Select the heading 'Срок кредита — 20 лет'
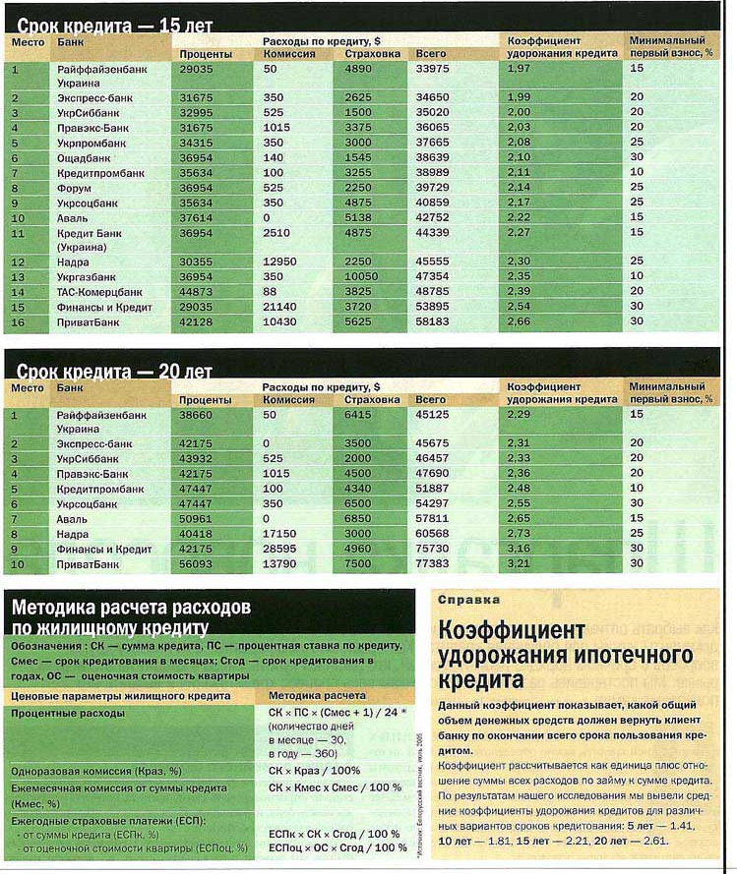[x=113, y=371]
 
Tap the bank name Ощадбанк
[x=86, y=157]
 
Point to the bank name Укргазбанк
[x=90, y=277]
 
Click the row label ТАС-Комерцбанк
[x=99, y=292]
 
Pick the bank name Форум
[x=75, y=187]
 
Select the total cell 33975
[x=432, y=69]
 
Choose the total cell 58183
[x=432, y=321]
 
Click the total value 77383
[x=432, y=563]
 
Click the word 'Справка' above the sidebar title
[x=467, y=599]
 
